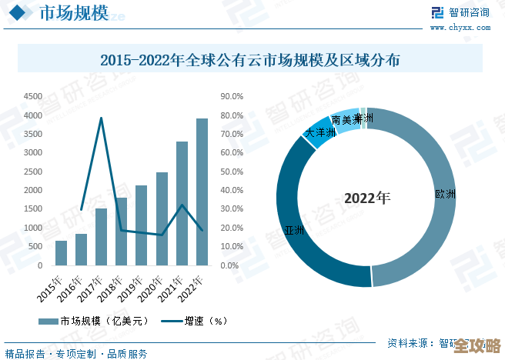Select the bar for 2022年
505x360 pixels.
202,192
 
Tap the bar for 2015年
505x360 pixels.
61,253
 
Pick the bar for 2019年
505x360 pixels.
141,225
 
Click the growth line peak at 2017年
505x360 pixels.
101,118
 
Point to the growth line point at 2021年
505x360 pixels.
182,205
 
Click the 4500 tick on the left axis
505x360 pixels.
32,97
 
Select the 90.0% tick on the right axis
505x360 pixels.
232,97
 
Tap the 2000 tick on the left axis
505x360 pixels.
32,191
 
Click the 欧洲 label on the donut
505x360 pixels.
445,194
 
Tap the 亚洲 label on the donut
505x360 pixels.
294,231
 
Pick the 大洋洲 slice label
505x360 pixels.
321,133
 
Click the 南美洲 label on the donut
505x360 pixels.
346,120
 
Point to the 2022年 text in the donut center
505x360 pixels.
367,198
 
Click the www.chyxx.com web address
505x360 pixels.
460,27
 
